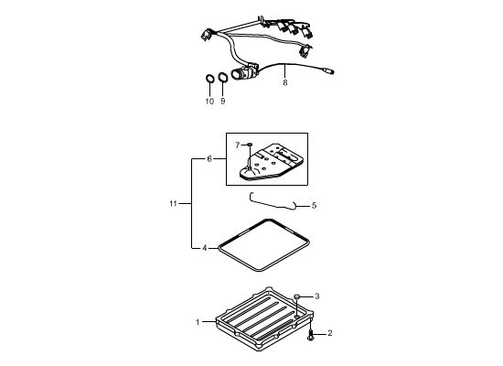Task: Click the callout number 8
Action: tap(284, 83)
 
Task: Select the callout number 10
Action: tap(209, 102)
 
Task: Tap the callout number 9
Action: tap(223, 102)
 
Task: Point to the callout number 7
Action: tap(238, 145)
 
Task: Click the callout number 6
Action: tap(209, 159)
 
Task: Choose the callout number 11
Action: tap(173, 203)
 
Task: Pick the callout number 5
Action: tap(314, 205)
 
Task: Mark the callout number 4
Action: tap(205, 248)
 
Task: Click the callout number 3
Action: tap(317, 296)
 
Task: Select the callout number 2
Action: tap(330, 333)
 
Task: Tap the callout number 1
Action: tap(198, 322)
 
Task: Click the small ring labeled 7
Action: tap(251, 145)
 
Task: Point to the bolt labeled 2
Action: tap(311, 334)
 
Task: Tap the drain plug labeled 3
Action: tap(297, 296)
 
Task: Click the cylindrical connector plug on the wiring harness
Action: tap(244, 72)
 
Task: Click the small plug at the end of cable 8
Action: tap(328, 70)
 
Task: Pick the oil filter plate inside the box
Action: tap(272, 161)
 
